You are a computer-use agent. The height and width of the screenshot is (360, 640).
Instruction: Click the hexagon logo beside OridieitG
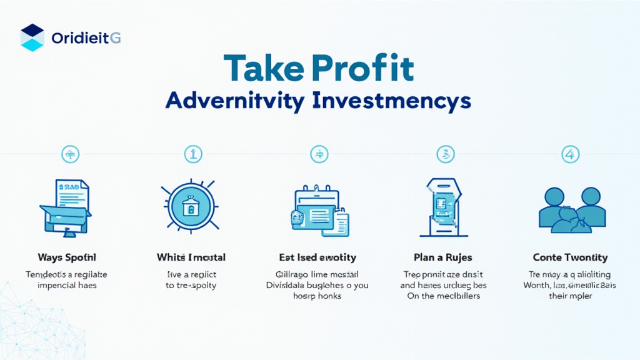point(32,37)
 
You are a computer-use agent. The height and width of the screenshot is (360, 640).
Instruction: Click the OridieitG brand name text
point(86,38)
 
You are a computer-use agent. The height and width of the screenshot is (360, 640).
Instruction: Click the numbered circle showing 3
point(445,153)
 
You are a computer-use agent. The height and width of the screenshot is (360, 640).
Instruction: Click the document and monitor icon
point(65,207)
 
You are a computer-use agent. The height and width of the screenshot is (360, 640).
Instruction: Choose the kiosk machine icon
point(442,207)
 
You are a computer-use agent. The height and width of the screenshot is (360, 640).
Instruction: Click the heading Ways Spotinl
point(66,257)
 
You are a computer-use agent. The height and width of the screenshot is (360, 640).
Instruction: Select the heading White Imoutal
point(191,257)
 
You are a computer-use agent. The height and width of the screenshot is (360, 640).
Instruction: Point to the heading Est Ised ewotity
point(317,257)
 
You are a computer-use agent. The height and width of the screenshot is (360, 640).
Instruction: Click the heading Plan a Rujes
point(442,257)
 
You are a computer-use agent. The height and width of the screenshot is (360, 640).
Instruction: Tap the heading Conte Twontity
point(570,257)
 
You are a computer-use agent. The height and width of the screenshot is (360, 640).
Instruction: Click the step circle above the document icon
point(69,153)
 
